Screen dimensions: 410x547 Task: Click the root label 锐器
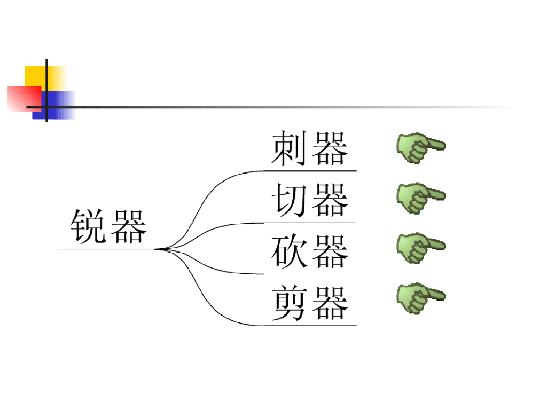pyautogui.click(x=108, y=226)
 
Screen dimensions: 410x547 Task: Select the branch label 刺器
pyautogui.click(x=310, y=148)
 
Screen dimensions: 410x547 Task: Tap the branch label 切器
pyautogui.click(x=310, y=200)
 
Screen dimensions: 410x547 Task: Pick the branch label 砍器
pyautogui.click(x=310, y=251)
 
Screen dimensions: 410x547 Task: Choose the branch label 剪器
pyautogui.click(x=310, y=303)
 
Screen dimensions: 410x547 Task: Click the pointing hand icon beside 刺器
pyautogui.click(x=420, y=148)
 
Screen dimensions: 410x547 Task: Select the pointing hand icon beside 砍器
pyautogui.click(x=420, y=248)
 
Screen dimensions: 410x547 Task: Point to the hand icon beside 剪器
pyautogui.click(x=420, y=298)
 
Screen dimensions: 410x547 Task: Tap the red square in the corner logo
pyautogui.click(x=24, y=99)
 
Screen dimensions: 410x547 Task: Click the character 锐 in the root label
pyautogui.click(x=88, y=226)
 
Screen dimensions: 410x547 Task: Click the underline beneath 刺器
pyautogui.click(x=310, y=171)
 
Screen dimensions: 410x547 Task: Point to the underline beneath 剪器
pyautogui.click(x=310, y=325)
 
